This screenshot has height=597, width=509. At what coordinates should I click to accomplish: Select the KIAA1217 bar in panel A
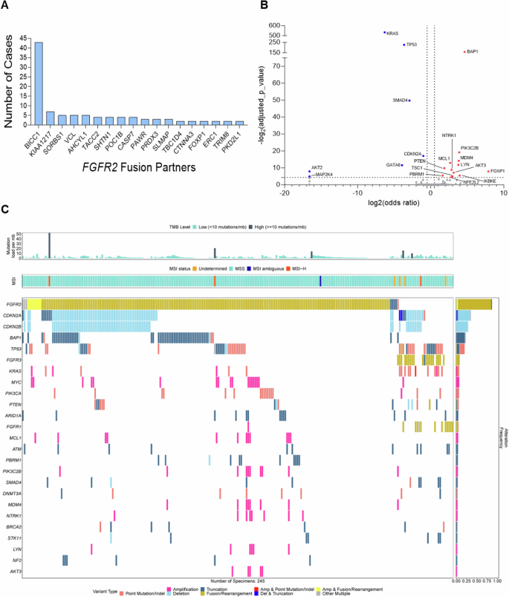(51, 117)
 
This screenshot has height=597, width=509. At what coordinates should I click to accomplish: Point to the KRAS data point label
(392, 33)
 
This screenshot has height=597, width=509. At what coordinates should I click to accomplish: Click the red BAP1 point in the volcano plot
(464, 51)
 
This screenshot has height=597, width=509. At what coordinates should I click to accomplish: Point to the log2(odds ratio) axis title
(392, 203)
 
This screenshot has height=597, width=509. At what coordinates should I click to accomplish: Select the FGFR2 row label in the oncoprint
(13, 305)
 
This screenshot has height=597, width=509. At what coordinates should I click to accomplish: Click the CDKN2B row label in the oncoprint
(13, 327)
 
